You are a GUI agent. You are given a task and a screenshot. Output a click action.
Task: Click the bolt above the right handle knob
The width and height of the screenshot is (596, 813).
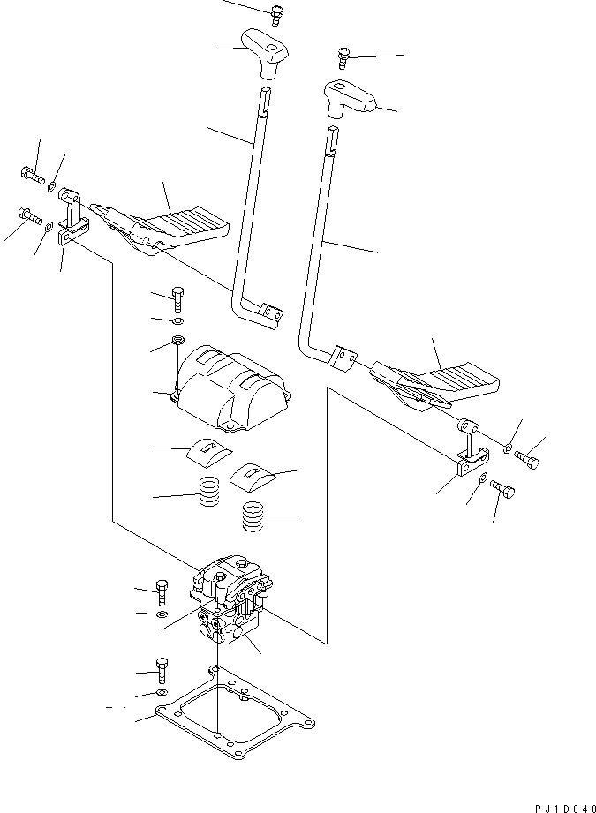coord(343,58)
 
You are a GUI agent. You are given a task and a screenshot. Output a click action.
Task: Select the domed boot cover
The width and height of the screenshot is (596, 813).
coord(231,387)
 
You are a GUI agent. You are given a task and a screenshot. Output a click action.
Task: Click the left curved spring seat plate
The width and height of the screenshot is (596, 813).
coord(207,451)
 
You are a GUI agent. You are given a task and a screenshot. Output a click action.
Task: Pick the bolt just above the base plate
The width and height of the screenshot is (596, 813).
coord(161,670)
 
